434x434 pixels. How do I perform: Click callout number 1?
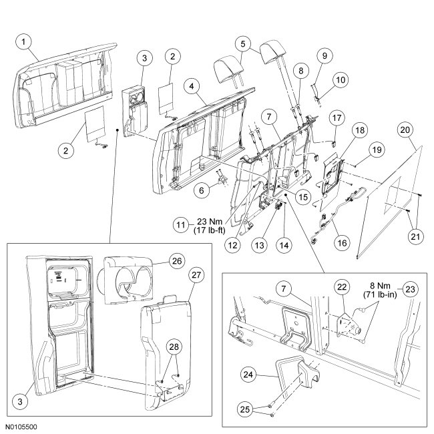(24, 43)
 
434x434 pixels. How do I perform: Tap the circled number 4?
(192, 86)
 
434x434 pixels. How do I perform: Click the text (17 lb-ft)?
(211, 232)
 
